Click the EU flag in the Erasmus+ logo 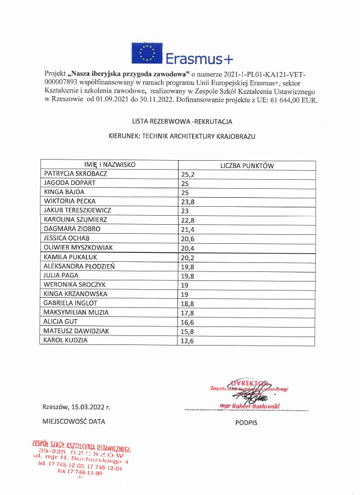[x=148, y=53]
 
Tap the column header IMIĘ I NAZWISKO [x=107, y=165]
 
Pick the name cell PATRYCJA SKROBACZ [x=75, y=174]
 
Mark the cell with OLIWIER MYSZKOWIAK [x=78, y=247]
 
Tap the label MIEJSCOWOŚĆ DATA [x=74, y=421]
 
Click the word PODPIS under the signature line [x=246, y=422]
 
